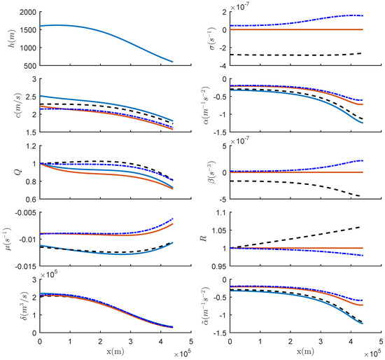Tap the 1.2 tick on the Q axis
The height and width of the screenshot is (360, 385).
[x=30, y=146]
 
